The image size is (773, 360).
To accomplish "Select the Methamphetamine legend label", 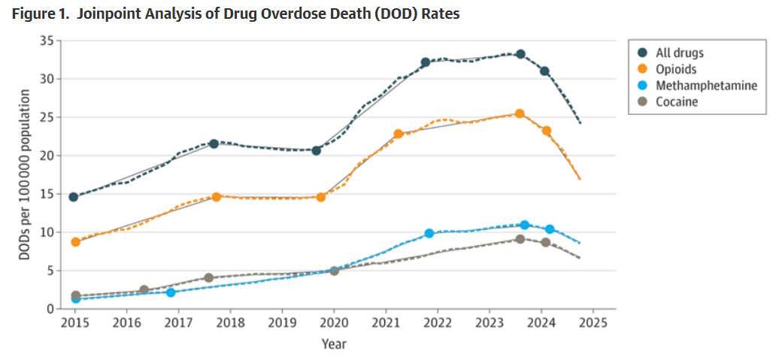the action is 706,85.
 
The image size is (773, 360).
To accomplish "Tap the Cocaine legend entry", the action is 666,101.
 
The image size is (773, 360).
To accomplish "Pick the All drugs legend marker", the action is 641,53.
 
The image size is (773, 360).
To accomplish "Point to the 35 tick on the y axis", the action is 48,41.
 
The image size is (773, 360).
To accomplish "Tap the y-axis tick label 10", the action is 48,232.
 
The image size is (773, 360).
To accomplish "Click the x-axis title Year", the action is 334,343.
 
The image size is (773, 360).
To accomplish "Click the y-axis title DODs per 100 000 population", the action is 25,175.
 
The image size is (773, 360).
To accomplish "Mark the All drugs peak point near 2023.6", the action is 520,54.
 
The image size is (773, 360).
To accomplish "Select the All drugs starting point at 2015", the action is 74,197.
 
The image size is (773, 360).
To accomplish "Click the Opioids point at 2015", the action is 75,242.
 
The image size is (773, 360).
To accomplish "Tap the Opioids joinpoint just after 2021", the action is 399,134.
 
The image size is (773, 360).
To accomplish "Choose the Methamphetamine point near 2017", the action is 171,292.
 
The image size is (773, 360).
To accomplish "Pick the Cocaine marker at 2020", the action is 334,271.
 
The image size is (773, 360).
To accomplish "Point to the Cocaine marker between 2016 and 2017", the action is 144,289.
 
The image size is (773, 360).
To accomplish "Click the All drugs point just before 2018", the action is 214,144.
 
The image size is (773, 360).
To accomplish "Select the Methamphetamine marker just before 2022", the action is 429,234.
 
